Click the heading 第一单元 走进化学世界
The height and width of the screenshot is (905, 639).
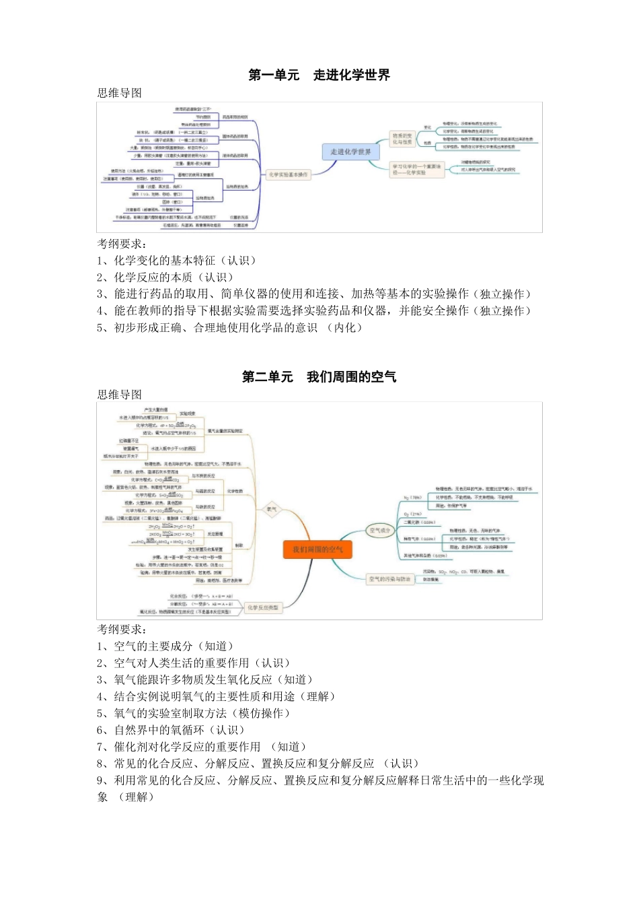319,75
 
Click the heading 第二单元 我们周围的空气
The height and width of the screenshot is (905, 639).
319,376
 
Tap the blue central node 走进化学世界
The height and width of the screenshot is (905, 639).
350,152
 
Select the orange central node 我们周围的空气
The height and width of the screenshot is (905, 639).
317,549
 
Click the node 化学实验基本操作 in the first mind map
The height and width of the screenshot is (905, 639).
288,174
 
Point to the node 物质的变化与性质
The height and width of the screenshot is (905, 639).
402,139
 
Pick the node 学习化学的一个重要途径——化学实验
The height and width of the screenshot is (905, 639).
417,170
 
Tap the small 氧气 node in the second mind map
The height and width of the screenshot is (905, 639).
272,509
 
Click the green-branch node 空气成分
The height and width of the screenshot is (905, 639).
380,531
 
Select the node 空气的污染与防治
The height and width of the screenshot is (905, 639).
389,578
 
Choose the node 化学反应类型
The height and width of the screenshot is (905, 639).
262,607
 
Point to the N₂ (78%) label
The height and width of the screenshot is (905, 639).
413,498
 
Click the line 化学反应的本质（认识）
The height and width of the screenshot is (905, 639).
165,277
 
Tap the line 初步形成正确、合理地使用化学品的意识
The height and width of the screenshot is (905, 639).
229,327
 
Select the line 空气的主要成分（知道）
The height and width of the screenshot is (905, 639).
165,646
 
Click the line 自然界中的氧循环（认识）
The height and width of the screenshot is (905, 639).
171,730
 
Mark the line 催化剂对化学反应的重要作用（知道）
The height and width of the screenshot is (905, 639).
202,747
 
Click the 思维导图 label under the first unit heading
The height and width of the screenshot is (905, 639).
119,93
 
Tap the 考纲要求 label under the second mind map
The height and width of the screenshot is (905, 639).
121,629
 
